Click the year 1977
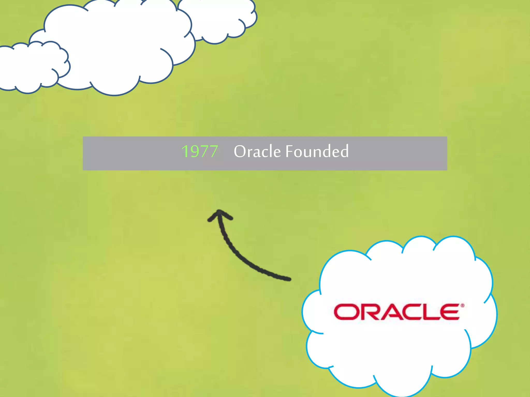(x=200, y=151)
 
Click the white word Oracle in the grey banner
(x=257, y=151)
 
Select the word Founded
(x=317, y=151)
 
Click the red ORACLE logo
(x=397, y=312)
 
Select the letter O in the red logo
(x=345, y=312)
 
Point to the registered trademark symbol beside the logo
(x=462, y=306)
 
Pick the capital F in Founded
(x=290, y=151)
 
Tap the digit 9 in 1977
(x=194, y=151)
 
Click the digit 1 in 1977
(x=185, y=151)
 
